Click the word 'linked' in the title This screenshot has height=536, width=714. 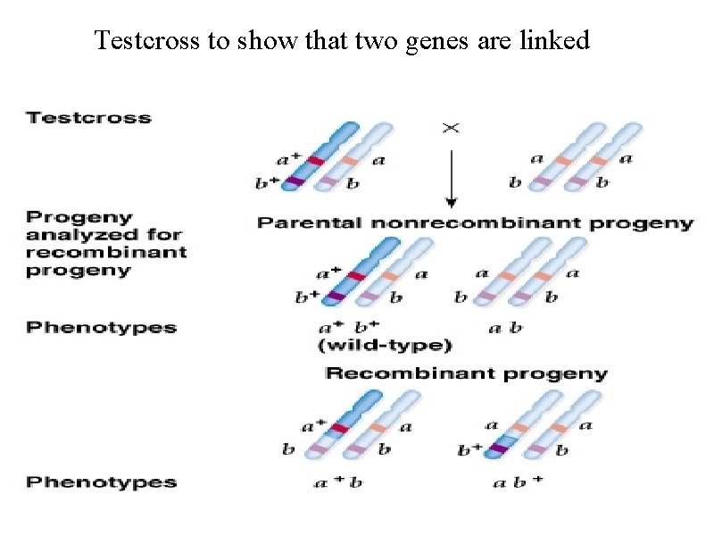tap(555, 41)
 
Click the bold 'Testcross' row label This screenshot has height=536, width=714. tap(88, 117)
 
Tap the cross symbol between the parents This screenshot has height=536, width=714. tap(452, 128)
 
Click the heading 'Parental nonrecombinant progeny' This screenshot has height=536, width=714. tap(475, 223)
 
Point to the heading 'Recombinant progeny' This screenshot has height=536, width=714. tap(467, 373)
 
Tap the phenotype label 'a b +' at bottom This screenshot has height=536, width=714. tap(518, 483)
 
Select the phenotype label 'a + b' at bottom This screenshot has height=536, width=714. tap(338, 483)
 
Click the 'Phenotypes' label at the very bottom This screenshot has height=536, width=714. tap(101, 482)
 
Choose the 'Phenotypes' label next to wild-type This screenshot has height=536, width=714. tap(101, 327)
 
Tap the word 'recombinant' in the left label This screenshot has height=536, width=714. tap(106, 252)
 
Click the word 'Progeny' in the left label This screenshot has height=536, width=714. tap(79, 217)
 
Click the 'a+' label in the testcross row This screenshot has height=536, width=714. tap(289, 160)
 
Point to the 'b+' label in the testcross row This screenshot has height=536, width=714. tap(268, 185)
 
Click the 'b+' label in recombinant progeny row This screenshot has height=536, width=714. tap(470, 450)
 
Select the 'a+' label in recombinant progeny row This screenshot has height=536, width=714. tap(314, 427)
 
